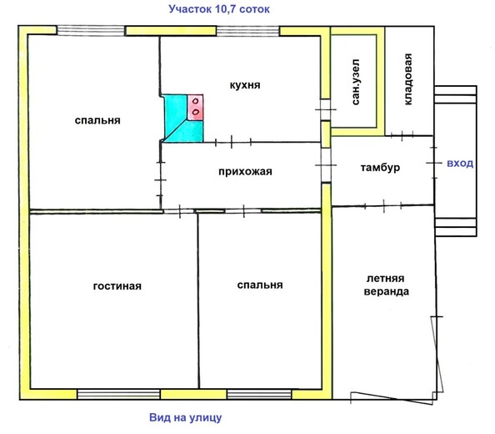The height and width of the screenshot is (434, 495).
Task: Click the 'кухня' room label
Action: tap(245, 85)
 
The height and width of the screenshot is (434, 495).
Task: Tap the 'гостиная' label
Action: tap(117, 286)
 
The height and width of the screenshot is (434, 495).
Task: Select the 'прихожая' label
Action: tap(245, 172)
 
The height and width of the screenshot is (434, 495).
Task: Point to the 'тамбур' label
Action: tap(380, 167)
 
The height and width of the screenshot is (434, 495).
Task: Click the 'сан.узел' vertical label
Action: tap(356, 82)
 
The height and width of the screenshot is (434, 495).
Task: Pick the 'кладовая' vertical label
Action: tap(407, 79)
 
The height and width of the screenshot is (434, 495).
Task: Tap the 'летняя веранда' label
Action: tap(386, 285)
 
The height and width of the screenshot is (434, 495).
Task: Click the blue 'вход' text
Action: tap(460, 164)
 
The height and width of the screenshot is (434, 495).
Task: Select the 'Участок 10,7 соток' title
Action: tap(219, 9)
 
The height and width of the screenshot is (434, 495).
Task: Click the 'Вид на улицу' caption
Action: tap(186, 417)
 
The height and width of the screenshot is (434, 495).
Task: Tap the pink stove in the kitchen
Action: tap(195, 107)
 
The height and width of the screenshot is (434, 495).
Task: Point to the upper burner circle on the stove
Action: tap(196, 101)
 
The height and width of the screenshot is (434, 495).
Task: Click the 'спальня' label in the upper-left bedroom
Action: tap(97, 120)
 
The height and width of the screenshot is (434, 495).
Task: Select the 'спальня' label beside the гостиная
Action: tap(260, 285)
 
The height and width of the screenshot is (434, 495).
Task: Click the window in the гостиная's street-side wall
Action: tap(118, 394)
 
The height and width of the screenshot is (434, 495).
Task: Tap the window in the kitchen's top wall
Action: tap(248, 31)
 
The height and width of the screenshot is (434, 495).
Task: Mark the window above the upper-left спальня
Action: tap(91, 30)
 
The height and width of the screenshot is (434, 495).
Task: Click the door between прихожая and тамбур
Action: tap(326, 164)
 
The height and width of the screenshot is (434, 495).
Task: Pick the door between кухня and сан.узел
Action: tap(326, 109)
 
